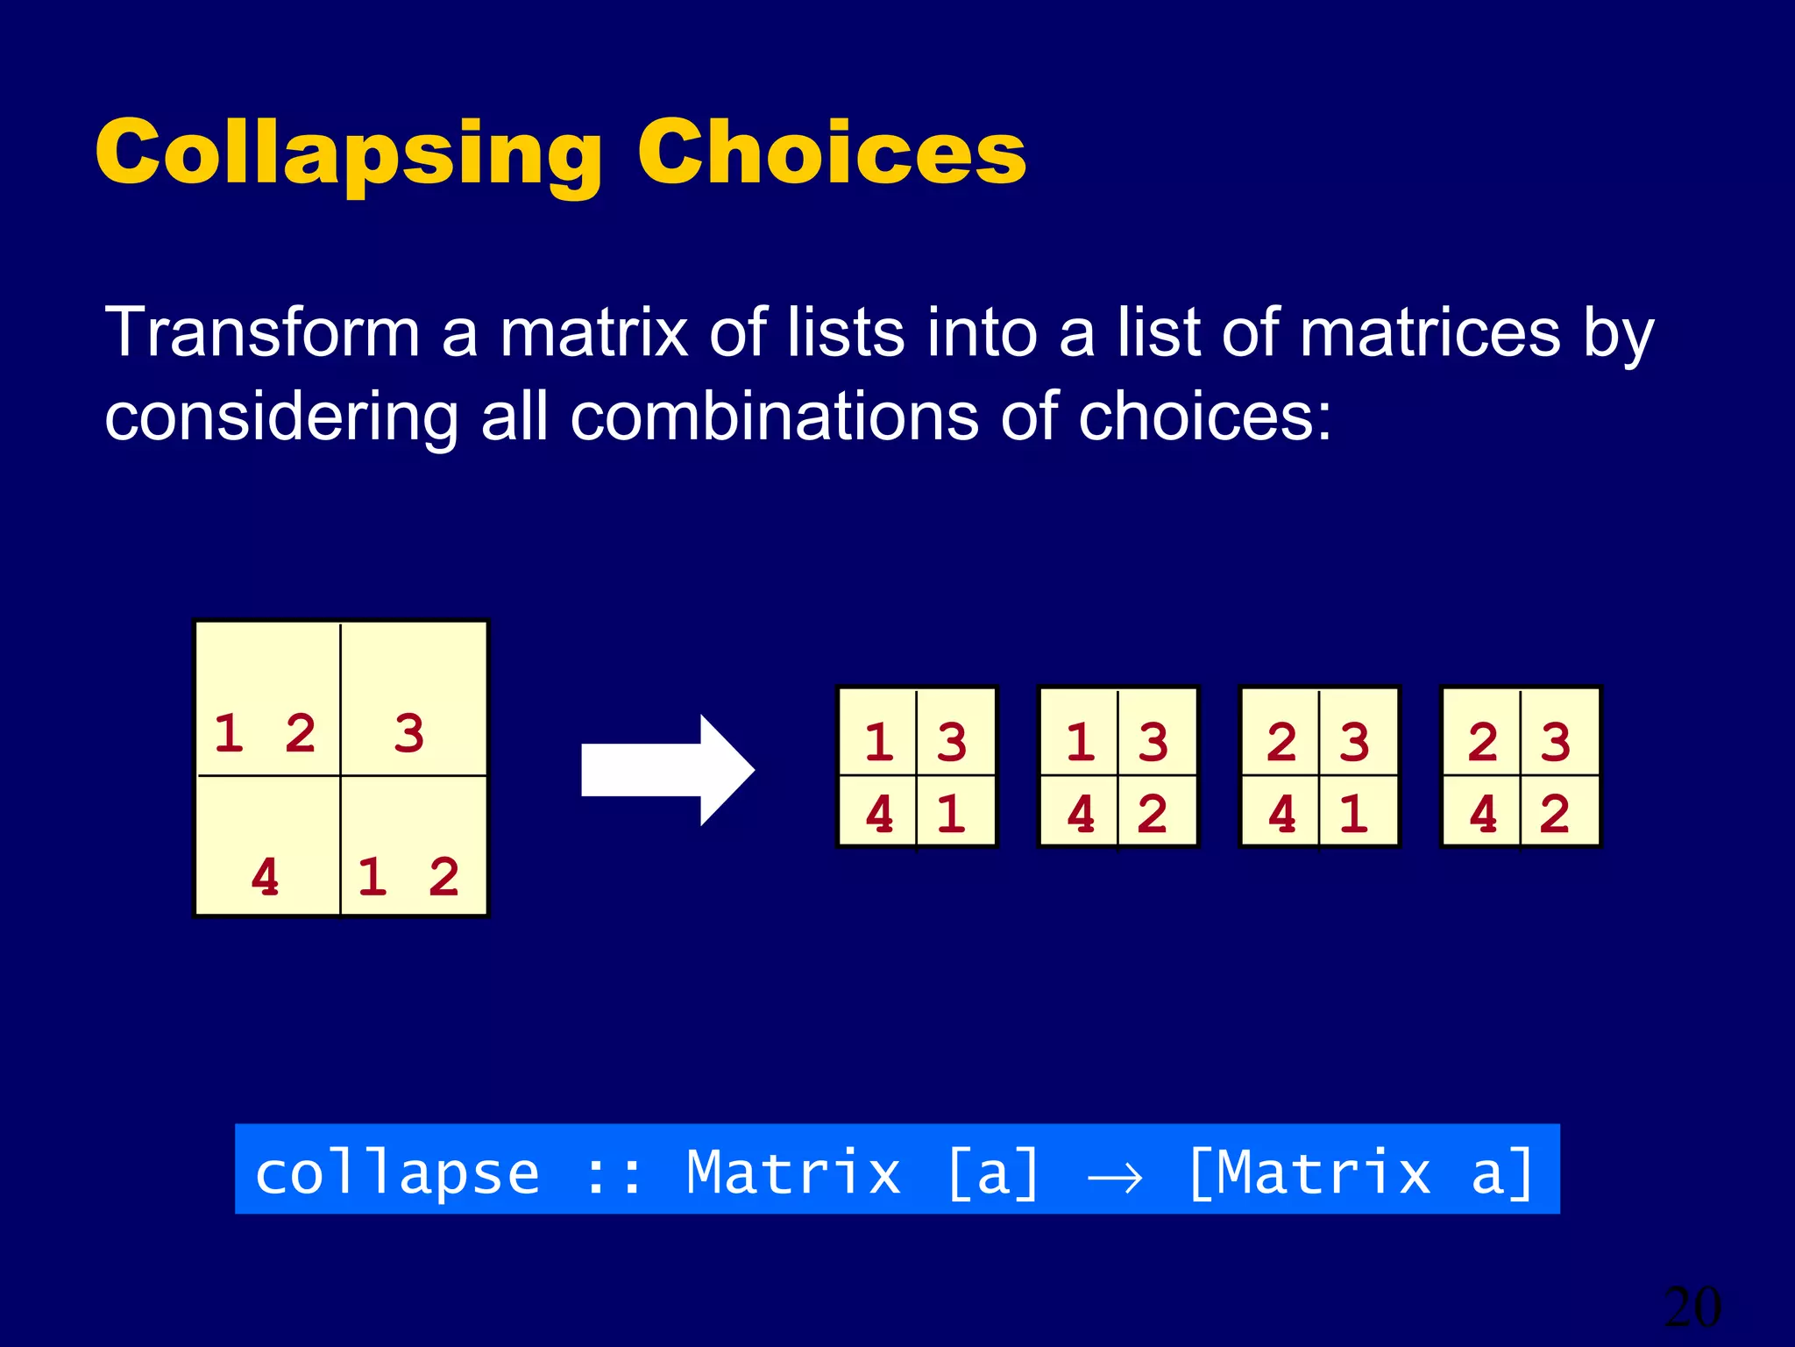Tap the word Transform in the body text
pyautogui.click(x=262, y=333)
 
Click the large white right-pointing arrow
pyautogui.click(x=667, y=770)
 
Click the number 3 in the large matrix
pyautogui.click(x=409, y=733)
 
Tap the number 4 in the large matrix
pyautogui.click(x=265, y=877)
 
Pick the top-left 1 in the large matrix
pyautogui.click(x=229, y=733)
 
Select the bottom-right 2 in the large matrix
pyautogui.click(x=443, y=877)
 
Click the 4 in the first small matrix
pyautogui.click(x=879, y=815)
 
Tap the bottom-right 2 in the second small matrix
pyautogui.click(x=1153, y=815)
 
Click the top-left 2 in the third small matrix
pyautogui.click(x=1281, y=743)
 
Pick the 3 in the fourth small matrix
pyautogui.click(x=1556, y=743)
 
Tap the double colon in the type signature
pyautogui.click(x=614, y=1175)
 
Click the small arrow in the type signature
pyautogui.click(x=1115, y=1177)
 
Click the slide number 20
pyautogui.click(x=1692, y=1308)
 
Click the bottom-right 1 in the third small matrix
pyautogui.click(x=1354, y=815)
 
